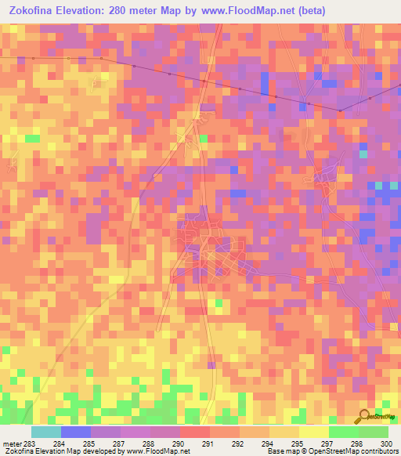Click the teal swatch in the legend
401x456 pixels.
46,432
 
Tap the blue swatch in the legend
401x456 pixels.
76,432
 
